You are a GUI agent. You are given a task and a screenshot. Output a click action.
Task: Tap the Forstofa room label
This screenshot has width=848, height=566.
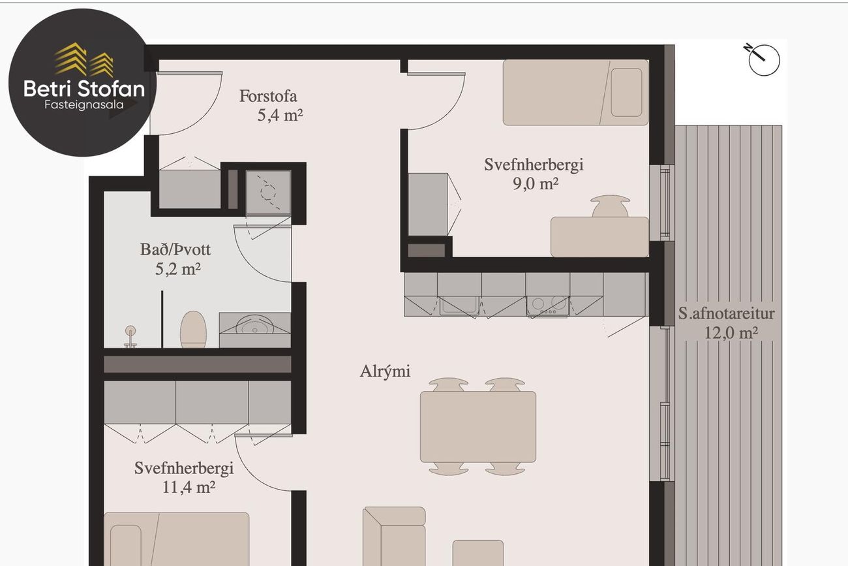[268, 96]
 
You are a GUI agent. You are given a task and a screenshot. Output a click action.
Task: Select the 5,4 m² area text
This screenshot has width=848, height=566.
[280, 115]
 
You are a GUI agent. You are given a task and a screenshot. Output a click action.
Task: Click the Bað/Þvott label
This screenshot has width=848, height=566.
[175, 249]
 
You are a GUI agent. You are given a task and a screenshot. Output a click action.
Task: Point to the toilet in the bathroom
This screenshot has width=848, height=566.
[193, 329]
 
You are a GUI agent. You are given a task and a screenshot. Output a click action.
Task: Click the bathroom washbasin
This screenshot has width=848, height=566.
[255, 325]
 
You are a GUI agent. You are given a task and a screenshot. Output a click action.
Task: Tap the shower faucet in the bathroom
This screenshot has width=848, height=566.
[130, 336]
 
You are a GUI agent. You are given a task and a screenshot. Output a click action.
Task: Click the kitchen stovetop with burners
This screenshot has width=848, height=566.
[547, 306]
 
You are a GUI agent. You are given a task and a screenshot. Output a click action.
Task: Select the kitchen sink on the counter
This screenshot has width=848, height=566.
[459, 305]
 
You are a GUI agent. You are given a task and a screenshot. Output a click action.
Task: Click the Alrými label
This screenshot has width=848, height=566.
[385, 371]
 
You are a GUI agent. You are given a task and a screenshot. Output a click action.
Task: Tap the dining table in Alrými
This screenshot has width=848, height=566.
[477, 426]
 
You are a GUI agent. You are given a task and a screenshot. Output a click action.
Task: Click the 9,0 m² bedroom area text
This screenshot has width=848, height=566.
[536, 183]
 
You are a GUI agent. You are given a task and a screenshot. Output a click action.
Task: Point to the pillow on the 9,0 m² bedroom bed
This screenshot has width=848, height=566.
[626, 92]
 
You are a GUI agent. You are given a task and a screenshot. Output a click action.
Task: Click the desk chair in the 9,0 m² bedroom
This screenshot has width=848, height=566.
[610, 206]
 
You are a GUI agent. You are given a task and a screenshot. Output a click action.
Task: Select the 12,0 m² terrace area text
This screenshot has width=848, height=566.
[731, 333]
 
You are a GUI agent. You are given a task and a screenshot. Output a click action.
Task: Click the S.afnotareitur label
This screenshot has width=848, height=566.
[726, 314]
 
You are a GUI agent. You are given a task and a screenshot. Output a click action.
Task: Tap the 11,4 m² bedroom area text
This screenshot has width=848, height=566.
[189, 487]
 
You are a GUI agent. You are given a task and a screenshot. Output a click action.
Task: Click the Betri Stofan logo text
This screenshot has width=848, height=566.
[84, 89]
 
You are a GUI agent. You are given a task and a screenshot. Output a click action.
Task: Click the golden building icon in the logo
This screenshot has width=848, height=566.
[83, 60]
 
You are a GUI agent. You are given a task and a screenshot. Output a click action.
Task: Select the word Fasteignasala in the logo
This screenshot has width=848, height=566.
[84, 104]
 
